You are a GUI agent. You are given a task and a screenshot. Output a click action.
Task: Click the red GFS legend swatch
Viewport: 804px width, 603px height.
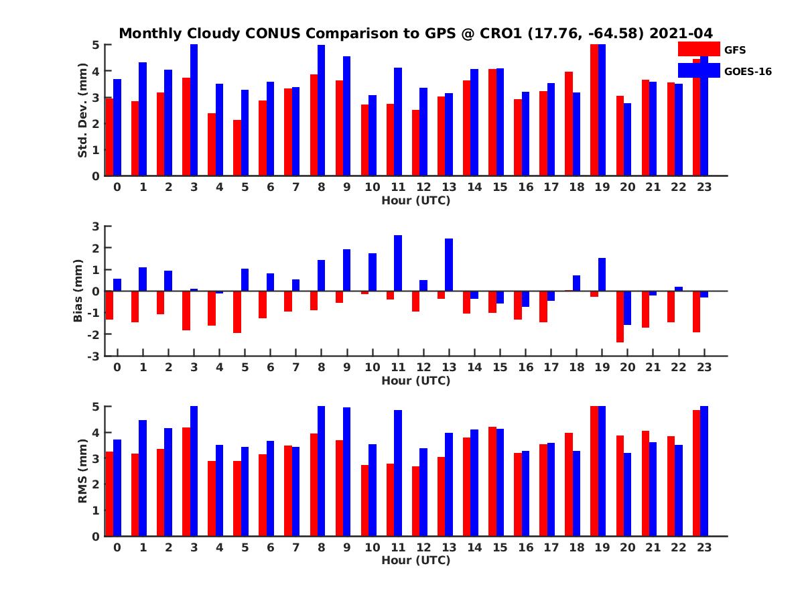(699, 49)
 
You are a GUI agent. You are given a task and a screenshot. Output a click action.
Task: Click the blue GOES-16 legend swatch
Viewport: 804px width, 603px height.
(699, 70)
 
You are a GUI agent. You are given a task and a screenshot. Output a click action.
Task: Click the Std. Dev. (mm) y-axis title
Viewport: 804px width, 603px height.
(82, 111)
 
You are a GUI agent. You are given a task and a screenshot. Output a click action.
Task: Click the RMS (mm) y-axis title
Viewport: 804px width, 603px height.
(82, 472)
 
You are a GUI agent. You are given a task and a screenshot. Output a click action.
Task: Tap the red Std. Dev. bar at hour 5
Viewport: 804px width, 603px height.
(237, 148)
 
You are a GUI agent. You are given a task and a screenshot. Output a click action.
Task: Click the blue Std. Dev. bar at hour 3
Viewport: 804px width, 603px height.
(194, 111)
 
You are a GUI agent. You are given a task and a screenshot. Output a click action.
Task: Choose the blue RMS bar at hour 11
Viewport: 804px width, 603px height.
(398, 473)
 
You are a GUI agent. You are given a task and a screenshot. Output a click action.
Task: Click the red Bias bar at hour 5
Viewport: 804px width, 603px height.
(237, 312)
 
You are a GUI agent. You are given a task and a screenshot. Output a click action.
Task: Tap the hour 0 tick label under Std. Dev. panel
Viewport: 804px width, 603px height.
(117, 187)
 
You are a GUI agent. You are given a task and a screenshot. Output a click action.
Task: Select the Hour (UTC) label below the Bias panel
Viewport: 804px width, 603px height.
(415, 381)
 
